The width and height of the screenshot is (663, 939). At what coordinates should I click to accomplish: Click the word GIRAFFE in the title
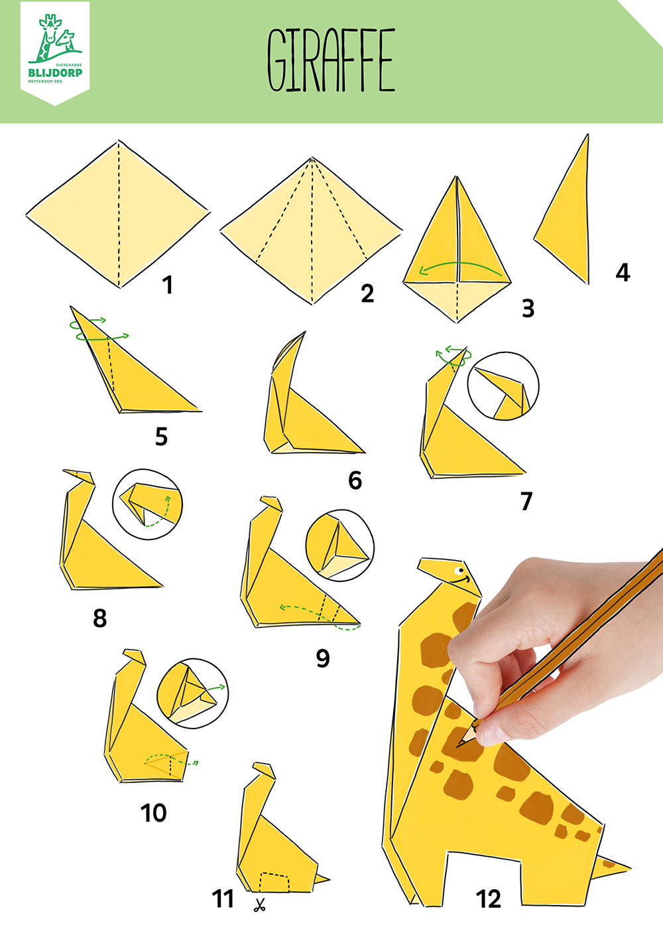point(331,60)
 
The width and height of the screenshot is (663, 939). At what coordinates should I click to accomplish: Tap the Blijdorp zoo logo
point(55,53)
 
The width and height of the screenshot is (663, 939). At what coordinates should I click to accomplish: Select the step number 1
point(168,285)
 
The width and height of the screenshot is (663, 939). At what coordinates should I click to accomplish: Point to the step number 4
point(623,272)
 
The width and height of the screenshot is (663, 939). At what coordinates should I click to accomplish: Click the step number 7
point(526,500)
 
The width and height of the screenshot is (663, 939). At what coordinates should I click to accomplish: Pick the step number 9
point(323,658)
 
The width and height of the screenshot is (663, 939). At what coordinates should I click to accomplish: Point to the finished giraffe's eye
point(459,570)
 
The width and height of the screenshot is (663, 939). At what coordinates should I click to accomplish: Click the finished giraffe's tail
point(613,865)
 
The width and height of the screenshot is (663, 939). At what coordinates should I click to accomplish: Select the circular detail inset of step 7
point(503,386)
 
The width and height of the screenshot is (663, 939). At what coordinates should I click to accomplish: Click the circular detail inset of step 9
point(339,545)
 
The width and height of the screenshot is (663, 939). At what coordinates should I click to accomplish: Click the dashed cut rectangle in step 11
point(274,882)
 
